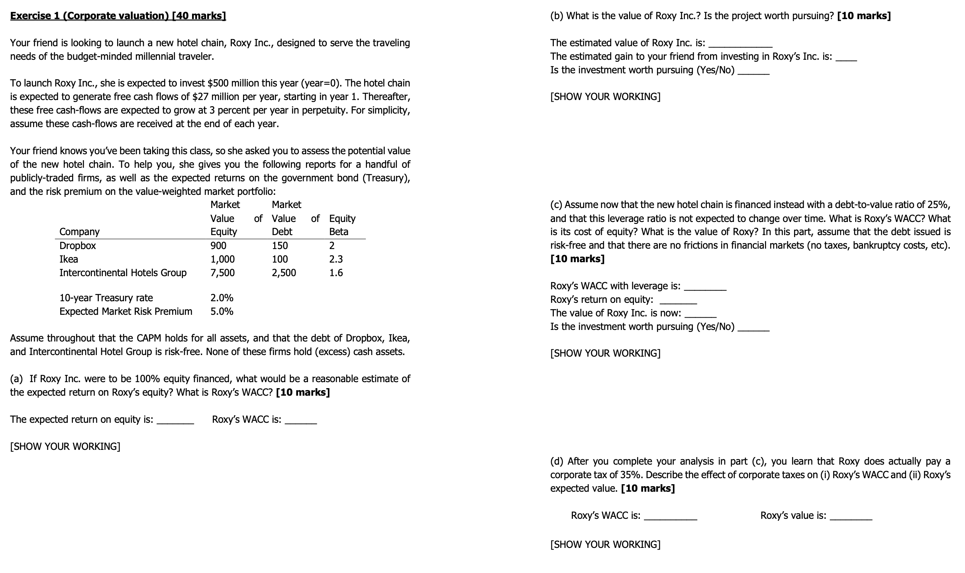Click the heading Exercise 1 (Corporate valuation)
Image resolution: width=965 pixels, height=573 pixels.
click(118, 16)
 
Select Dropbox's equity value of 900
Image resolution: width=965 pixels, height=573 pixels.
click(218, 245)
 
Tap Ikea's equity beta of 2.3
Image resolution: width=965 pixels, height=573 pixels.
click(336, 259)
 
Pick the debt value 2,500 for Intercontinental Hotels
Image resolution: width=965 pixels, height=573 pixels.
click(284, 273)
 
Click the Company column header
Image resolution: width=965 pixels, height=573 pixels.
click(79, 232)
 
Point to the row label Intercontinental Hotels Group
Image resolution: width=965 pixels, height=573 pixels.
click(123, 273)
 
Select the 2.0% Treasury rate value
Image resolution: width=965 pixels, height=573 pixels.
click(222, 298)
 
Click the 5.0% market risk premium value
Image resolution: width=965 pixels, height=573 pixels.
click(222, 311)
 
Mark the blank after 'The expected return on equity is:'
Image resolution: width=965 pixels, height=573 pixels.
click(175, 421)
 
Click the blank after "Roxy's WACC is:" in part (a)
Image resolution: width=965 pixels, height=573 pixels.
click(303, 421)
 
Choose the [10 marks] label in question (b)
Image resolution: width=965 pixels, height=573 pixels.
click(864, 16)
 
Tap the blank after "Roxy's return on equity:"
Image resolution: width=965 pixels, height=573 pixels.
click(679, 301)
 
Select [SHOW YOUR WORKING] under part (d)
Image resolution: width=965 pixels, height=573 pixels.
click(605, 544)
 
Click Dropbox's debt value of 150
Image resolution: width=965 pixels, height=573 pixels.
click(280, 245)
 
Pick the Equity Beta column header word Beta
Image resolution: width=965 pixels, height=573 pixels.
click(339, 232)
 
